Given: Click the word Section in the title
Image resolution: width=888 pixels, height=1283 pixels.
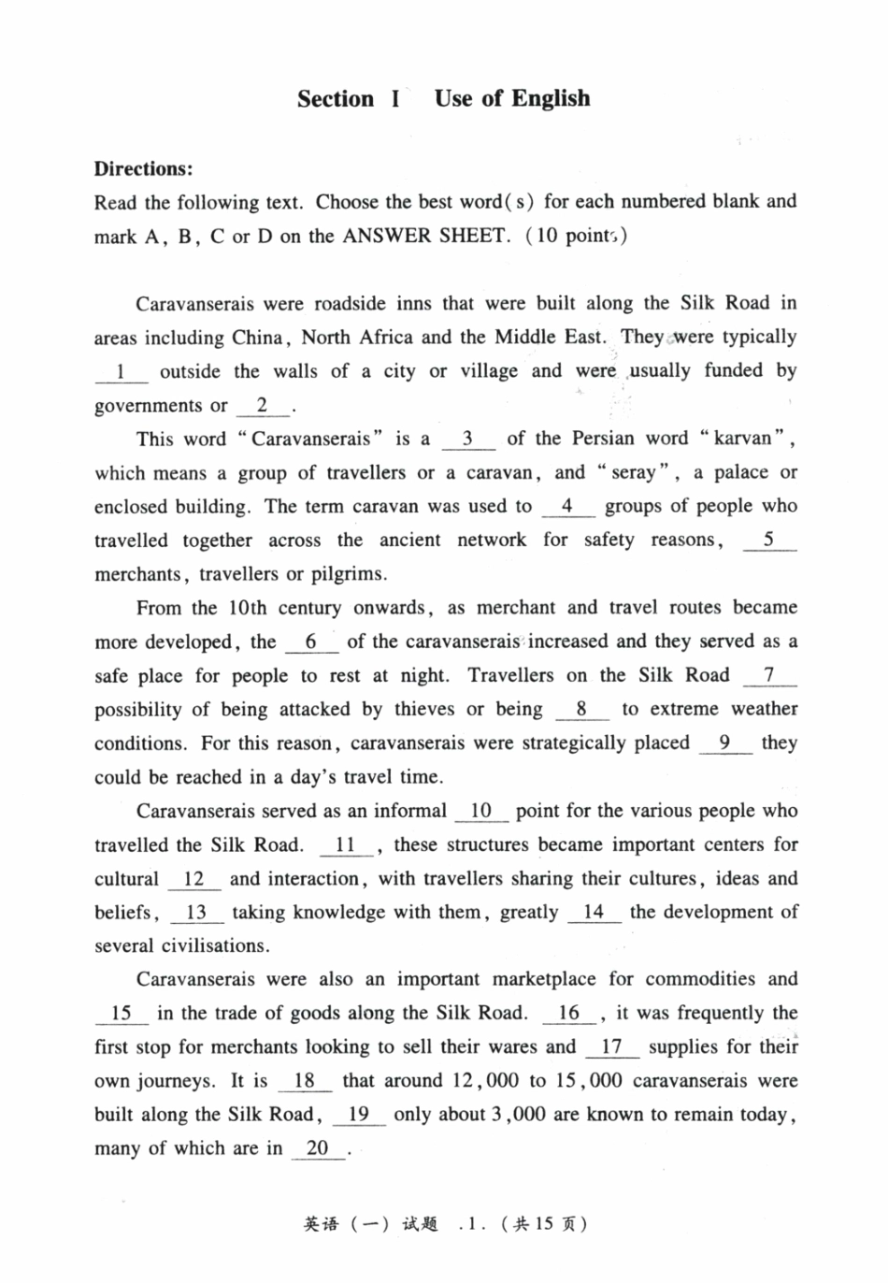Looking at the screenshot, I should point(335,99).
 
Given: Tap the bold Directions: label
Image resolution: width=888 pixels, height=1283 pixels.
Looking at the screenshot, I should point(143,169).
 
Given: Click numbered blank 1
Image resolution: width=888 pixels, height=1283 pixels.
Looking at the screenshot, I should point(121,372).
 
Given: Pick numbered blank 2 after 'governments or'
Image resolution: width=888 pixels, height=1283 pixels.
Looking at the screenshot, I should point(263,406).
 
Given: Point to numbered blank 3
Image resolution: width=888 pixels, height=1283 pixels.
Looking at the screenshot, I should point(466,440).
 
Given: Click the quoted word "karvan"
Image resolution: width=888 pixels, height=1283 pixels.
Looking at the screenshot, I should point(742,439).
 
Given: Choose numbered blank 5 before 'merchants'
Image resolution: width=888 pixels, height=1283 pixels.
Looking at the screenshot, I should point(768,541).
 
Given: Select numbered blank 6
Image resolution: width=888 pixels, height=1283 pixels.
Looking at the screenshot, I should point(310,642).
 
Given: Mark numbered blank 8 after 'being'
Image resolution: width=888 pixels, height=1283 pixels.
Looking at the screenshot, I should point(580,710).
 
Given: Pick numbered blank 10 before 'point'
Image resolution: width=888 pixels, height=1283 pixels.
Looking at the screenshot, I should point(481,812).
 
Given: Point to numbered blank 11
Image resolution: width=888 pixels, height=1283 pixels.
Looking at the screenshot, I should point(345,845).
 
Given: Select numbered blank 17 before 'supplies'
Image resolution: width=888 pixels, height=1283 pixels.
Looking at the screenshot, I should point(611,1047).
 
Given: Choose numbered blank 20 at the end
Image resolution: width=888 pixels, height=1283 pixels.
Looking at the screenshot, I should point(317,1149).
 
